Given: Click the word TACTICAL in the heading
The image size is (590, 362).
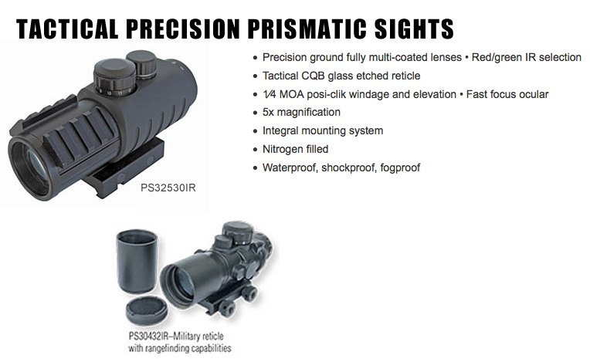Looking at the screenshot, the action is coord(67,29).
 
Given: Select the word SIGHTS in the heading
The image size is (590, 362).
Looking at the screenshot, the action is coord(414,29).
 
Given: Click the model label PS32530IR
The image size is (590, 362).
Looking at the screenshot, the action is coord(168,188).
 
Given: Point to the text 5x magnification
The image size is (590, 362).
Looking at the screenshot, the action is coord(301,112).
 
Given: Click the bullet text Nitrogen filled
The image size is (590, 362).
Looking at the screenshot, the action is coord(295,149).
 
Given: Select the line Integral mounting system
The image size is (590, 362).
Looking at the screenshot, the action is coord(323,130).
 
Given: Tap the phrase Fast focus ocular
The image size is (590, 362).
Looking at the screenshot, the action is coord(507,94).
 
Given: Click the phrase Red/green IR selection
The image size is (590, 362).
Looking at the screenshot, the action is coord(527,57).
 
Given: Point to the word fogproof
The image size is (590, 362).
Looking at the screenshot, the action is coord(400,167).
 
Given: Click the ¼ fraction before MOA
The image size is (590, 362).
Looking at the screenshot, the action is coord(269,94).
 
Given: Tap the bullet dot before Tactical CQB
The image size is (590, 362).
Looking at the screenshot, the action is coord(256,76).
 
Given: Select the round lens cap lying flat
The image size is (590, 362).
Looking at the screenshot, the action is coord(147,310).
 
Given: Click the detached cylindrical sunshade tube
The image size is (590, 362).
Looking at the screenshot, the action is coord(137,261).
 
